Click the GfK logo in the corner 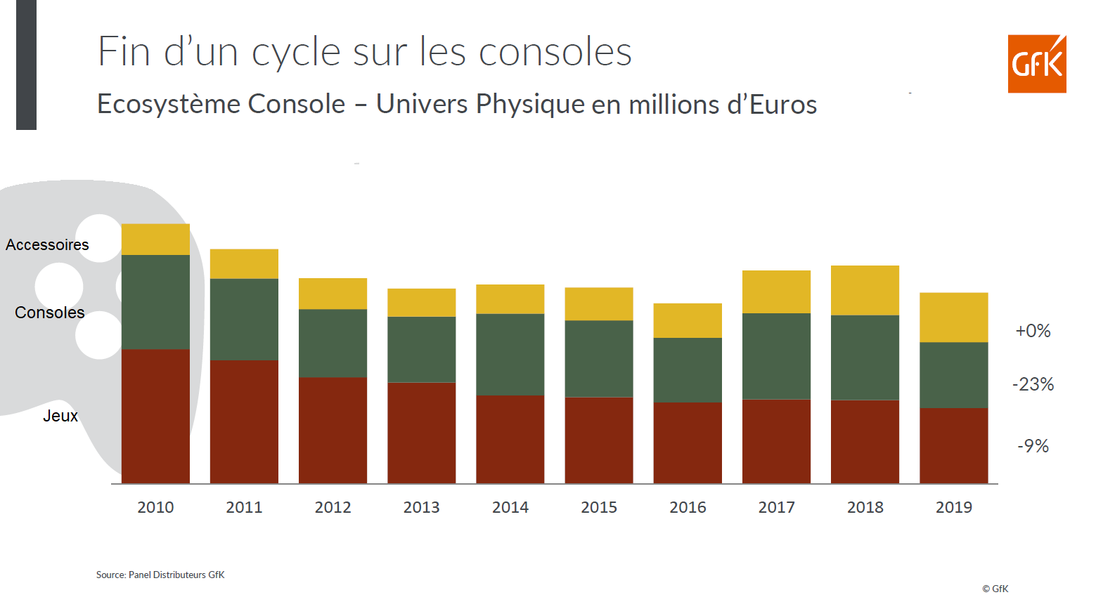click(1036, 64)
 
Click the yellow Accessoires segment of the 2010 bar click(155, 240)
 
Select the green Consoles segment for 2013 click(421, 349)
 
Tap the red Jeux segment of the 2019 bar click(953, 445)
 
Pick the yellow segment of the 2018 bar click(865, 290)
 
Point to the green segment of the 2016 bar click(688, 369)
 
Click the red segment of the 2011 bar click(244, 421)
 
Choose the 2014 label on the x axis click(510, 507)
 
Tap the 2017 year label click(776, 507)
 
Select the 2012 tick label click(333, 507)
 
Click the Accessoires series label click(47, 244)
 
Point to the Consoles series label click(49, 313)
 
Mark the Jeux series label click(60, 416)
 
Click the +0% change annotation click(1033, 331)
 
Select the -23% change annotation click(1033, 384)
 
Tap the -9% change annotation click(1033, 446)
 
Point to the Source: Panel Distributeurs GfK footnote click(160, 575)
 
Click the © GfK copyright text click(995, 589)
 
